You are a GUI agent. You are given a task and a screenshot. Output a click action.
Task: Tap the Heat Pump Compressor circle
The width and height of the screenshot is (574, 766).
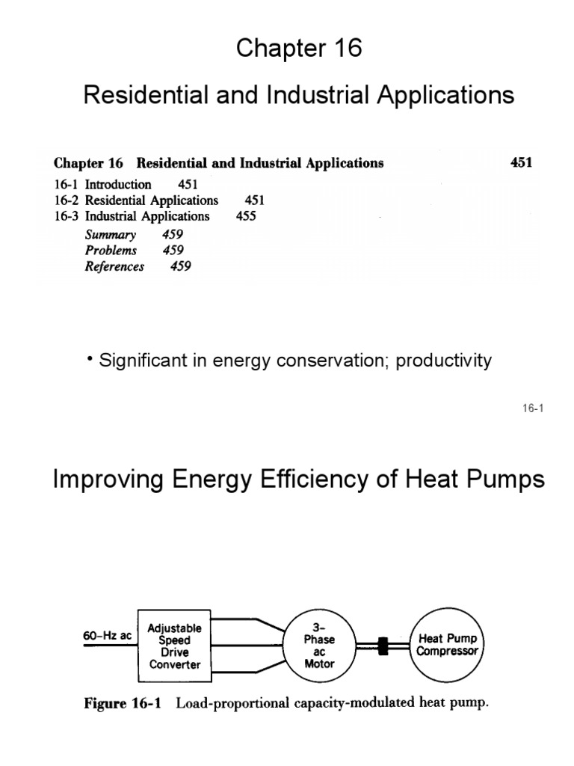pyautogui.click(x=447, y=645)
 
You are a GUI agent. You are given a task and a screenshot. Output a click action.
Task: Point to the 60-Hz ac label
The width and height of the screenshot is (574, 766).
pyautogui.click(x=107, y=636)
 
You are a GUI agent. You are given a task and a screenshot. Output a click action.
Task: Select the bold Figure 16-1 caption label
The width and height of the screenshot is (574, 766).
pyautogui.click(x=125, y=703)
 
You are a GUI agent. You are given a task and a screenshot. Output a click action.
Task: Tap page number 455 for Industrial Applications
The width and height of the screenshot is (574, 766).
pyautogui.click(x=245, y=216)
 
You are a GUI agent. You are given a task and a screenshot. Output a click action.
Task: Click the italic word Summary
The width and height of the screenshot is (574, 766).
pyautogui.click(x=111, y=233)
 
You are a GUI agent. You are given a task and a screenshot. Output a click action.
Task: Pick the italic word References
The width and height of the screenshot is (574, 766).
pyautogui.click(x=114, y=266)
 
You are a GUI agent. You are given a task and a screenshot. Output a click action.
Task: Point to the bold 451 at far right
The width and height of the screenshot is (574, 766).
pyautogui.click(x=521, y=162)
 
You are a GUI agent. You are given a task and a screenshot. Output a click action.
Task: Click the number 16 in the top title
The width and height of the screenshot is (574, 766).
pyautogui.click(x=347, y=48)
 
